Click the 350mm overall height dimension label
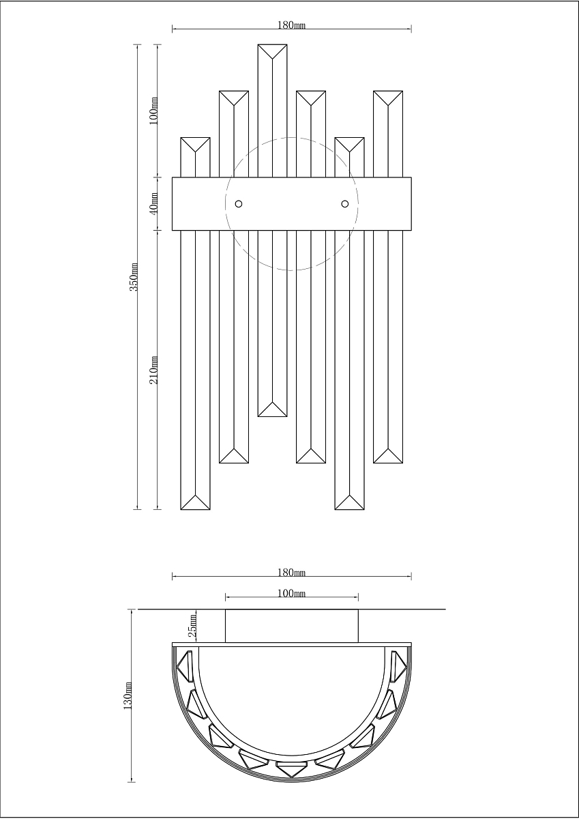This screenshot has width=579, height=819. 134,277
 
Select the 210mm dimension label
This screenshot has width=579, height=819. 154,370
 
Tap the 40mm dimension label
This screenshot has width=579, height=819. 154,203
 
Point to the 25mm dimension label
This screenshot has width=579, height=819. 192,626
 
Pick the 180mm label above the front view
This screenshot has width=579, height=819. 291,25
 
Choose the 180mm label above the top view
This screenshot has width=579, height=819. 291,572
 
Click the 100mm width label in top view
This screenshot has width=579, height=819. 291,593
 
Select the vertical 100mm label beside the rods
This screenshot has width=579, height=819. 154,111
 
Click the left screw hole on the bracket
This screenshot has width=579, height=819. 239,203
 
